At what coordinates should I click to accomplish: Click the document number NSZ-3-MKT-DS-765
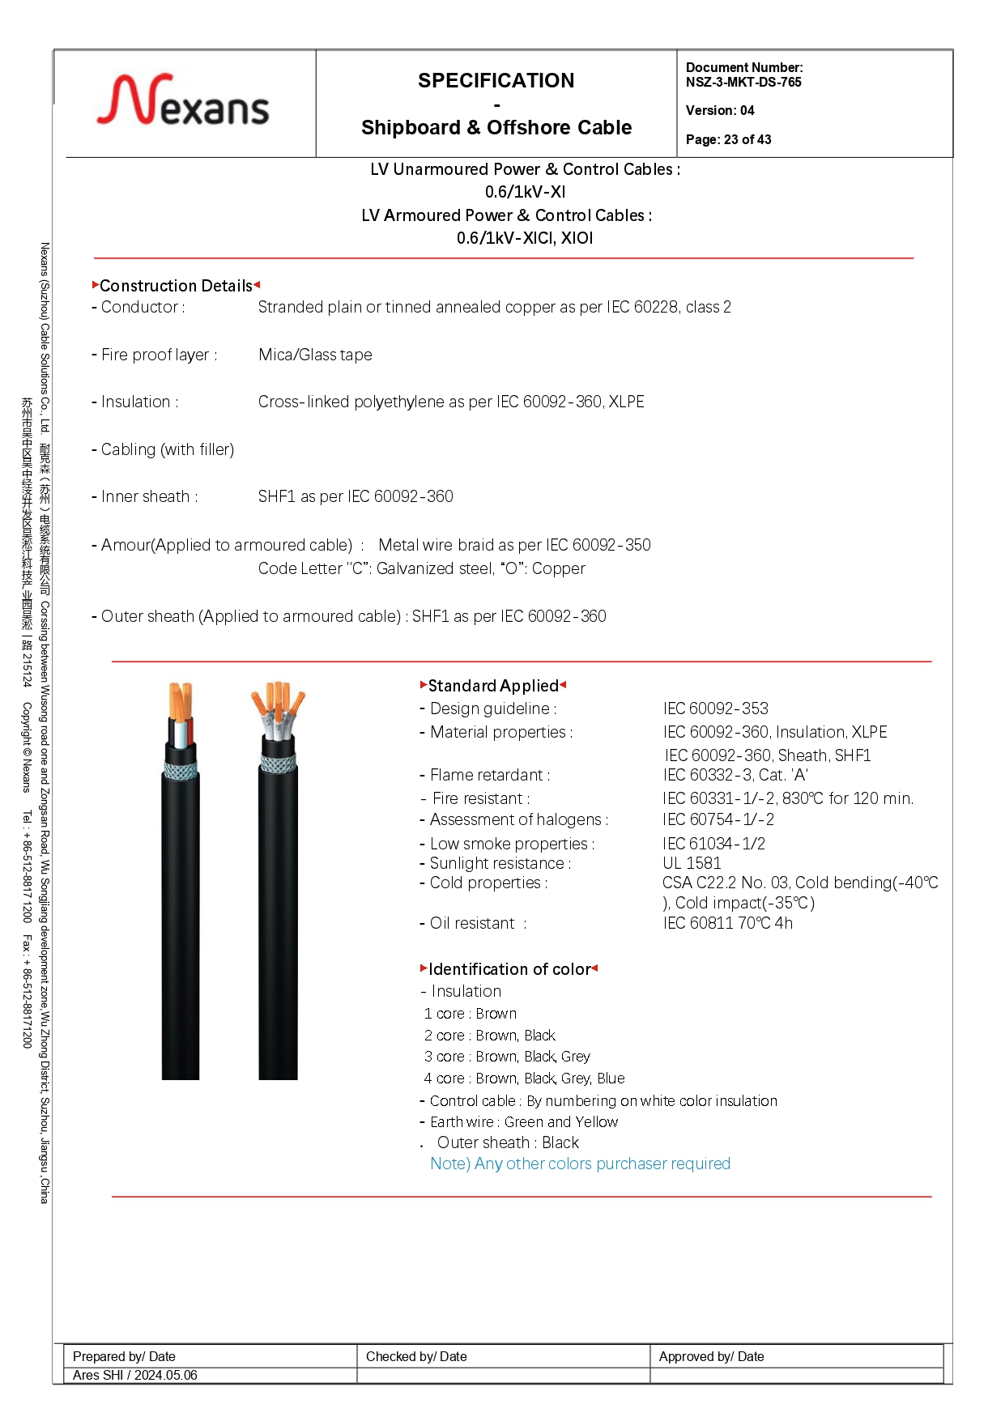tap(743, 82)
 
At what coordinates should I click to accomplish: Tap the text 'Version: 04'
tap(720, 110)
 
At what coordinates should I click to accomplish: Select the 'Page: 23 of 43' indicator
tap(728, 139)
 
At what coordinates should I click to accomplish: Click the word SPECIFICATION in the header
tap(496, 80)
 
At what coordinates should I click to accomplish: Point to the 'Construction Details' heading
tap(176, 286)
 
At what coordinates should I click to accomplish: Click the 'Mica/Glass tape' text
tap(315, 355)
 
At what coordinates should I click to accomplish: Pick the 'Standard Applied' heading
tap(492, 686)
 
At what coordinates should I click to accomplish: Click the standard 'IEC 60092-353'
tap(715, 708)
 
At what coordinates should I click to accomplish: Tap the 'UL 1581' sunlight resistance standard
tap(692, 863)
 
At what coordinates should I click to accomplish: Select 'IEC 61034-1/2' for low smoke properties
tap(713, 844)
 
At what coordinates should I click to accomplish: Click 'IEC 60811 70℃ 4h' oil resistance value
tap(727, 923)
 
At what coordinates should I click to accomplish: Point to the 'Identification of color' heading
tap(509, 969)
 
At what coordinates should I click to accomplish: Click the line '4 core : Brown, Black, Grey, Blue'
tap(524, 1079)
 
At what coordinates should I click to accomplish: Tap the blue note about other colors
tap(580, 1164)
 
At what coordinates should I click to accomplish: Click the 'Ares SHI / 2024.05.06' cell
tap(135, 1375)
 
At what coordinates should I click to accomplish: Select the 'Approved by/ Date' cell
tap(711, 1356)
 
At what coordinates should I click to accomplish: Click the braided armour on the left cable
tap(181, 768)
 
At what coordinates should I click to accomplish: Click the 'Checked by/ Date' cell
tap(416, 1356)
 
